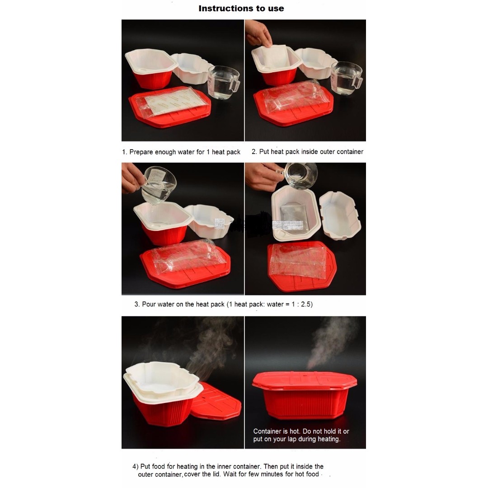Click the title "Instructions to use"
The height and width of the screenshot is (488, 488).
point(241,9)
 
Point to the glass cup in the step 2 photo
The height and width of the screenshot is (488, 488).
point(346,78)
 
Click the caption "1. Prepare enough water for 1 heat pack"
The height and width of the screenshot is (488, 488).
point(181,152)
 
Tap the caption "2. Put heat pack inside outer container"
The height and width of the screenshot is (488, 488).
point(307,152)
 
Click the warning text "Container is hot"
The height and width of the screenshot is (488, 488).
point(280,432)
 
